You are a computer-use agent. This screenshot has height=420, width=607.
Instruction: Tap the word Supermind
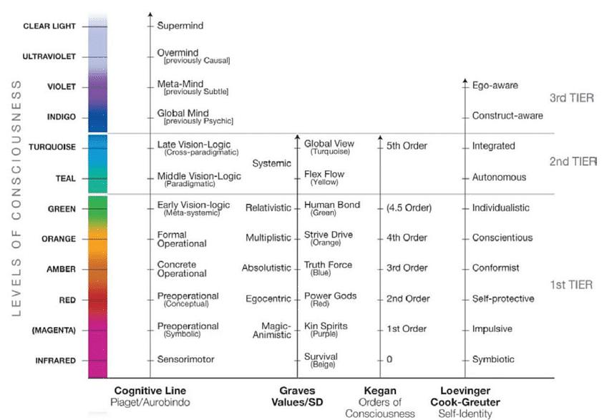(180, 26)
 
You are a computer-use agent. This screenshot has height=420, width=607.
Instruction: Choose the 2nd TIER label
(572, 162)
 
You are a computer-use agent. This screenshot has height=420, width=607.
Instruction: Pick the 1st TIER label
(570, 285)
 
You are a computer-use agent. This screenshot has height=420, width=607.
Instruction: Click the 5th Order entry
(407, 146)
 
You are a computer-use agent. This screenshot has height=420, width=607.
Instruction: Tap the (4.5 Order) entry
(409, 208)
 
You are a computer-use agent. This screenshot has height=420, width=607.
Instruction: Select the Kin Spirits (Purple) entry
(326, 329)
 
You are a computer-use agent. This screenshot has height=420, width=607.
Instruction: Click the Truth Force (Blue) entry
(328, 268)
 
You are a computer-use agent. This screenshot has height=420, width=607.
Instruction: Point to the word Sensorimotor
(186, 359)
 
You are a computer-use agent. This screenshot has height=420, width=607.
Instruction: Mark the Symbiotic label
(493, 359)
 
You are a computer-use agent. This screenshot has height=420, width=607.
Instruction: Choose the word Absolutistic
(266, 268)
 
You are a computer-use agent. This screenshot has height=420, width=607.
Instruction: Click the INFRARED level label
(55, 361)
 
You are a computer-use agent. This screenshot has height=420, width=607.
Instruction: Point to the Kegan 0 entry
(389, 359)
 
